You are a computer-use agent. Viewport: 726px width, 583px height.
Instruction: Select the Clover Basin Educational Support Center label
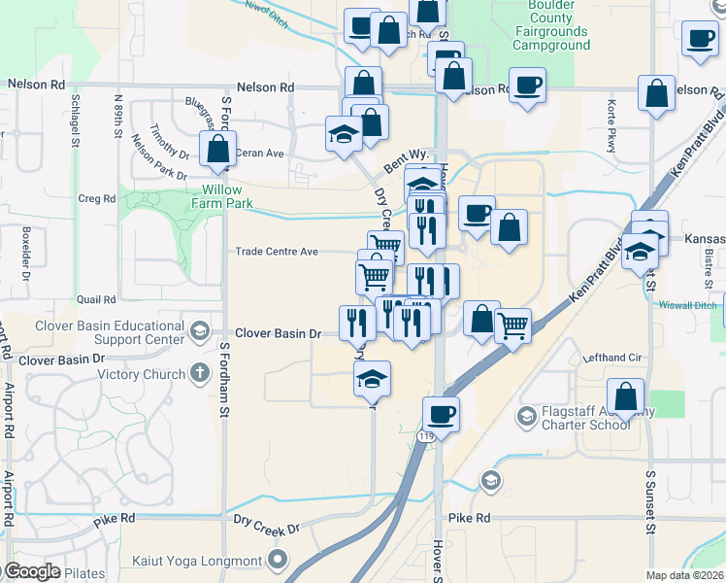coord(110,331)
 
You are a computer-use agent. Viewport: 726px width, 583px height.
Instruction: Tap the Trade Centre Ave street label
coord(278,252)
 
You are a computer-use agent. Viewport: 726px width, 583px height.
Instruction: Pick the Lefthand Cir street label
coord(613,358)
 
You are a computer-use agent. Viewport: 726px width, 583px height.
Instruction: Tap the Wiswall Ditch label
coord(693,303)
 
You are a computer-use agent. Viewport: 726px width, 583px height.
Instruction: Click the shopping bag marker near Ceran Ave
coord(217,150)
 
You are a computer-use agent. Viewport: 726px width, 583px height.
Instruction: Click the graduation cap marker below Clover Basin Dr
coord(371,379)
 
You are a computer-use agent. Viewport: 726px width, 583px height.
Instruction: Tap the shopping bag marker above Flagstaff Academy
coord(626,396)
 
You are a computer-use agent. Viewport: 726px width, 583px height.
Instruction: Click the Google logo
coord(31,571)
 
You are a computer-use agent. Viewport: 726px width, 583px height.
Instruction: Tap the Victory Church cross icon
coord(199,373)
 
